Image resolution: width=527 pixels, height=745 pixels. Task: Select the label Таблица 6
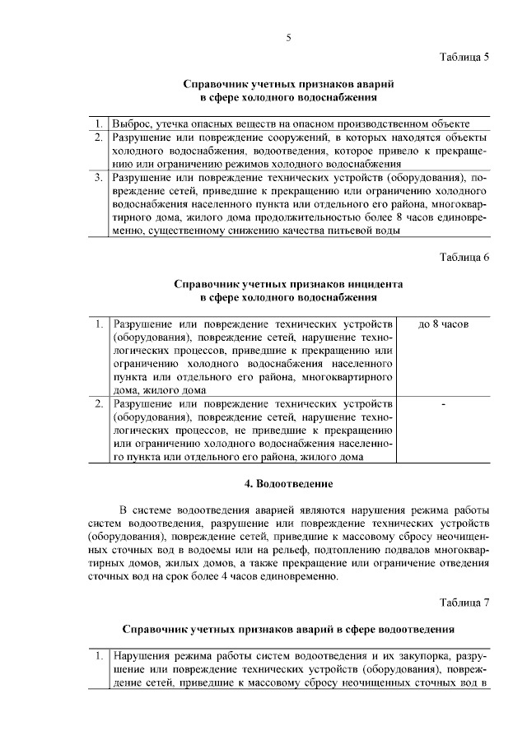[x=464, y=257]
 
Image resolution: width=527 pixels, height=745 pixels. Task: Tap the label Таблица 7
[x=464, y=602]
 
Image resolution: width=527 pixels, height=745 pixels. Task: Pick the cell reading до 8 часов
[x=443, y=324]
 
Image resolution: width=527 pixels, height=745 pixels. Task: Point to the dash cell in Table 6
[x=443, y=404]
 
